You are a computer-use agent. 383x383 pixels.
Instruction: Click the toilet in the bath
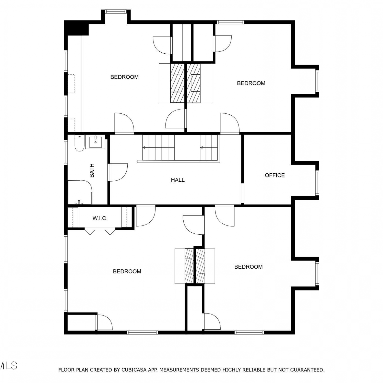pos(79,143)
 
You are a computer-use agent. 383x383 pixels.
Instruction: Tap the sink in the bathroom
pos(95,142)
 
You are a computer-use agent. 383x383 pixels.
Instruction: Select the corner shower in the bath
pos(80,192)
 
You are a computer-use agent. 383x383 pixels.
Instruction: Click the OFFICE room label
pos(275,175)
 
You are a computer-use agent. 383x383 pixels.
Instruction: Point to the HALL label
pos(178,180)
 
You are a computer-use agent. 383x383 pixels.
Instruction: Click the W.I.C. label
pos(100,218)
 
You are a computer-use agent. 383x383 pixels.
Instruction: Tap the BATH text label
pos(92,171)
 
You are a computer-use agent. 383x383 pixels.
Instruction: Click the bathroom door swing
pos(118,173)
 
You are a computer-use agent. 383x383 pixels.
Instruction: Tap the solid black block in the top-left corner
pos(76,29)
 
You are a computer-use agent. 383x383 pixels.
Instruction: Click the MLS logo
pos(8,366)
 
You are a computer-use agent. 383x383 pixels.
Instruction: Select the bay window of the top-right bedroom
pos(317,81)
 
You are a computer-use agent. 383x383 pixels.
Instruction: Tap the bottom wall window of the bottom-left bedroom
pos(142,332)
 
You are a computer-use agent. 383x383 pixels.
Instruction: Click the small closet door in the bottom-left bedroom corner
pos(104,322)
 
